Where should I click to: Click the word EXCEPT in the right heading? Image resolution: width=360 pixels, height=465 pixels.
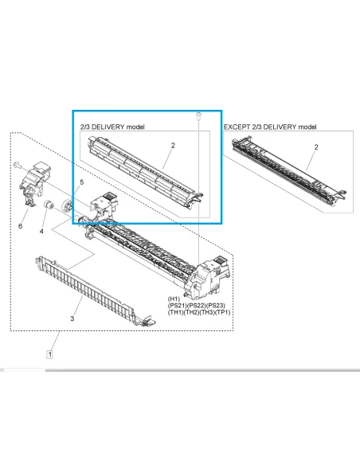(x=236, y=127)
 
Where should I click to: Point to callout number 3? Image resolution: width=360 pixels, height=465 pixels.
(x=72, y=318)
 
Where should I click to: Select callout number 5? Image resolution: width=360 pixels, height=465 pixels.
(x=81, y=183)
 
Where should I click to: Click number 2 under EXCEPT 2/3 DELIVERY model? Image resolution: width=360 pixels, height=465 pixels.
(x=315, y=147)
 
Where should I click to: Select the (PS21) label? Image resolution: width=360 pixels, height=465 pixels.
(x=180, y=307)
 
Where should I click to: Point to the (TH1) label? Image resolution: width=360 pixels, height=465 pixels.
(x=178, y=314)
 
